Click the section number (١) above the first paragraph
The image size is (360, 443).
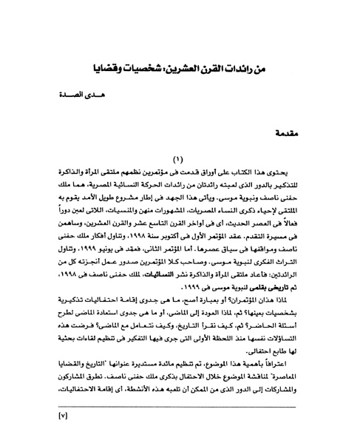pos(179,179)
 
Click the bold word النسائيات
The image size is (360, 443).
pos(157,292)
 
